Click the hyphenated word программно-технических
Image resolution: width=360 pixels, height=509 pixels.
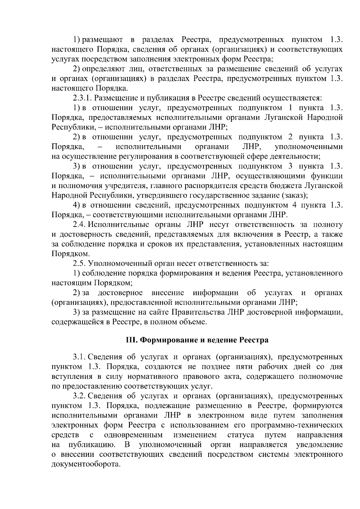(x=297, y=425)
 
